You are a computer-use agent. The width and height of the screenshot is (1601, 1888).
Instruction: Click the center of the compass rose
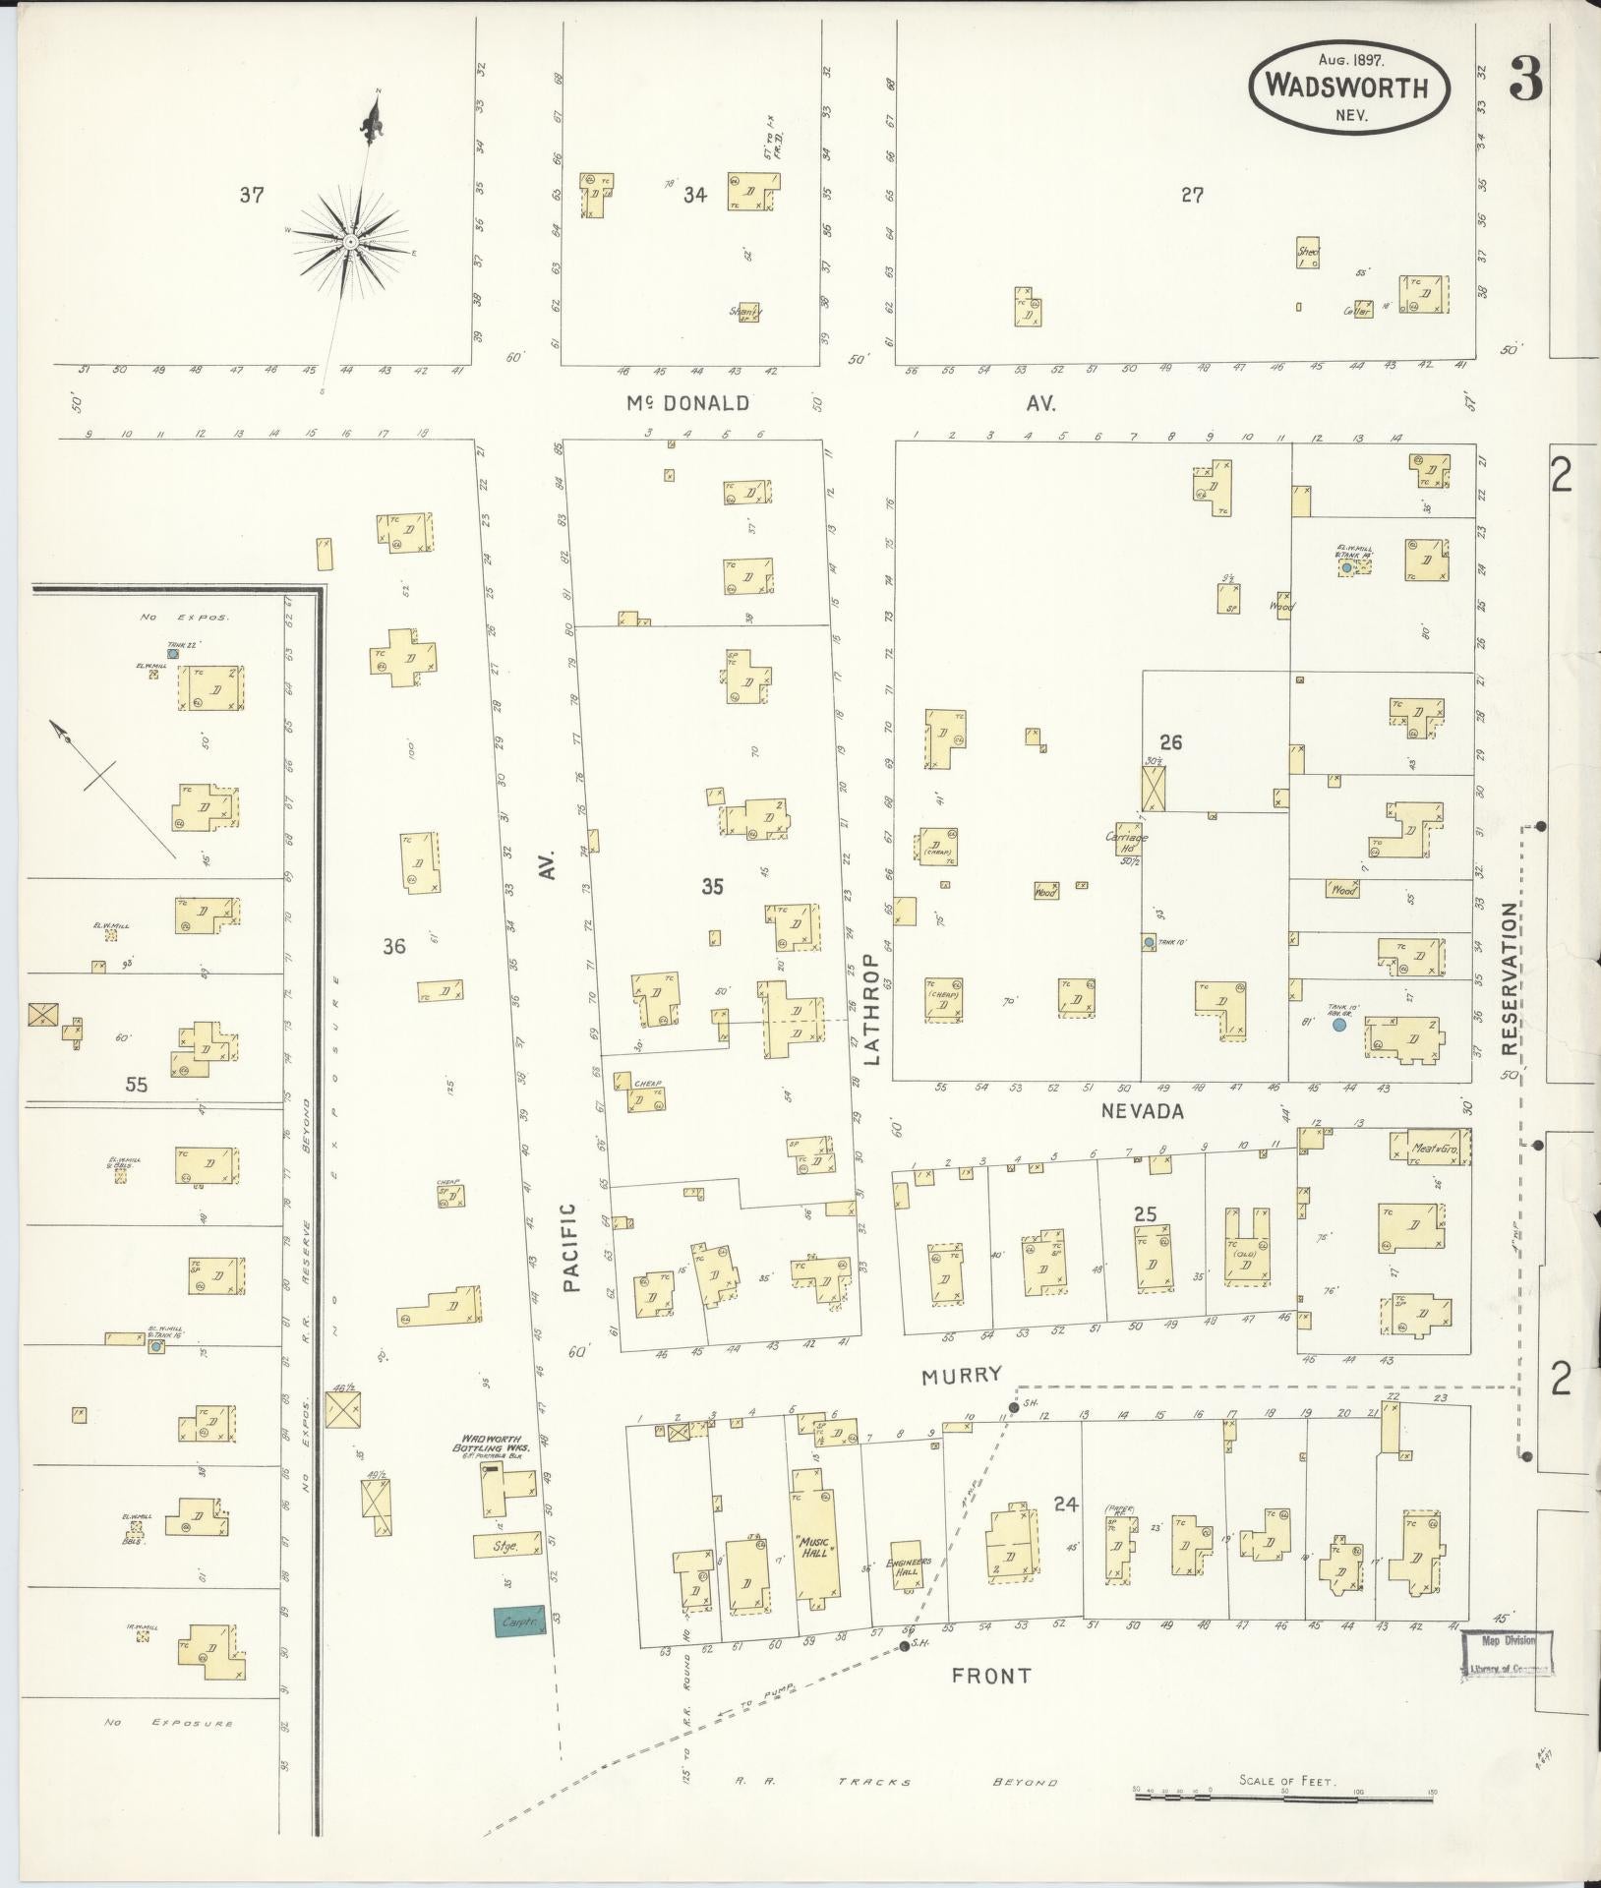tap(349, 240)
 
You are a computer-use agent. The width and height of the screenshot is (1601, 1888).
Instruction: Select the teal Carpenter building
tap(519, 1622)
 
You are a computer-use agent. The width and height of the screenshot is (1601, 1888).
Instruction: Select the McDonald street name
tap(687, 403)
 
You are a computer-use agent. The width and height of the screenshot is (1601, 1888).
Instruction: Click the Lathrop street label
tap(869, 1010)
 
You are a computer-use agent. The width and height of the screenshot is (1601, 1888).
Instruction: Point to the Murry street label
tap(961, 1376)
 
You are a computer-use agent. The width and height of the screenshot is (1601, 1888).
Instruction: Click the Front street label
tap(990, 1676)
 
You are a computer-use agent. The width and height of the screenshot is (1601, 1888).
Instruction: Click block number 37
tap(252, 195)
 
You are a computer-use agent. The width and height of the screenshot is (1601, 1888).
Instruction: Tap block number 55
tap(136, 1085)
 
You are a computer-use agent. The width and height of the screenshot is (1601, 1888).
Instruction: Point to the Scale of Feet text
tap(1287, 1781)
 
